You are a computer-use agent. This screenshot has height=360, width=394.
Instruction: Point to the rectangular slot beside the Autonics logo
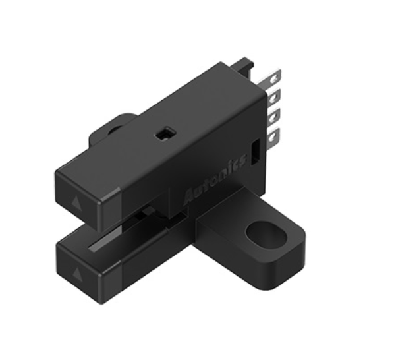coord(255,152)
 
